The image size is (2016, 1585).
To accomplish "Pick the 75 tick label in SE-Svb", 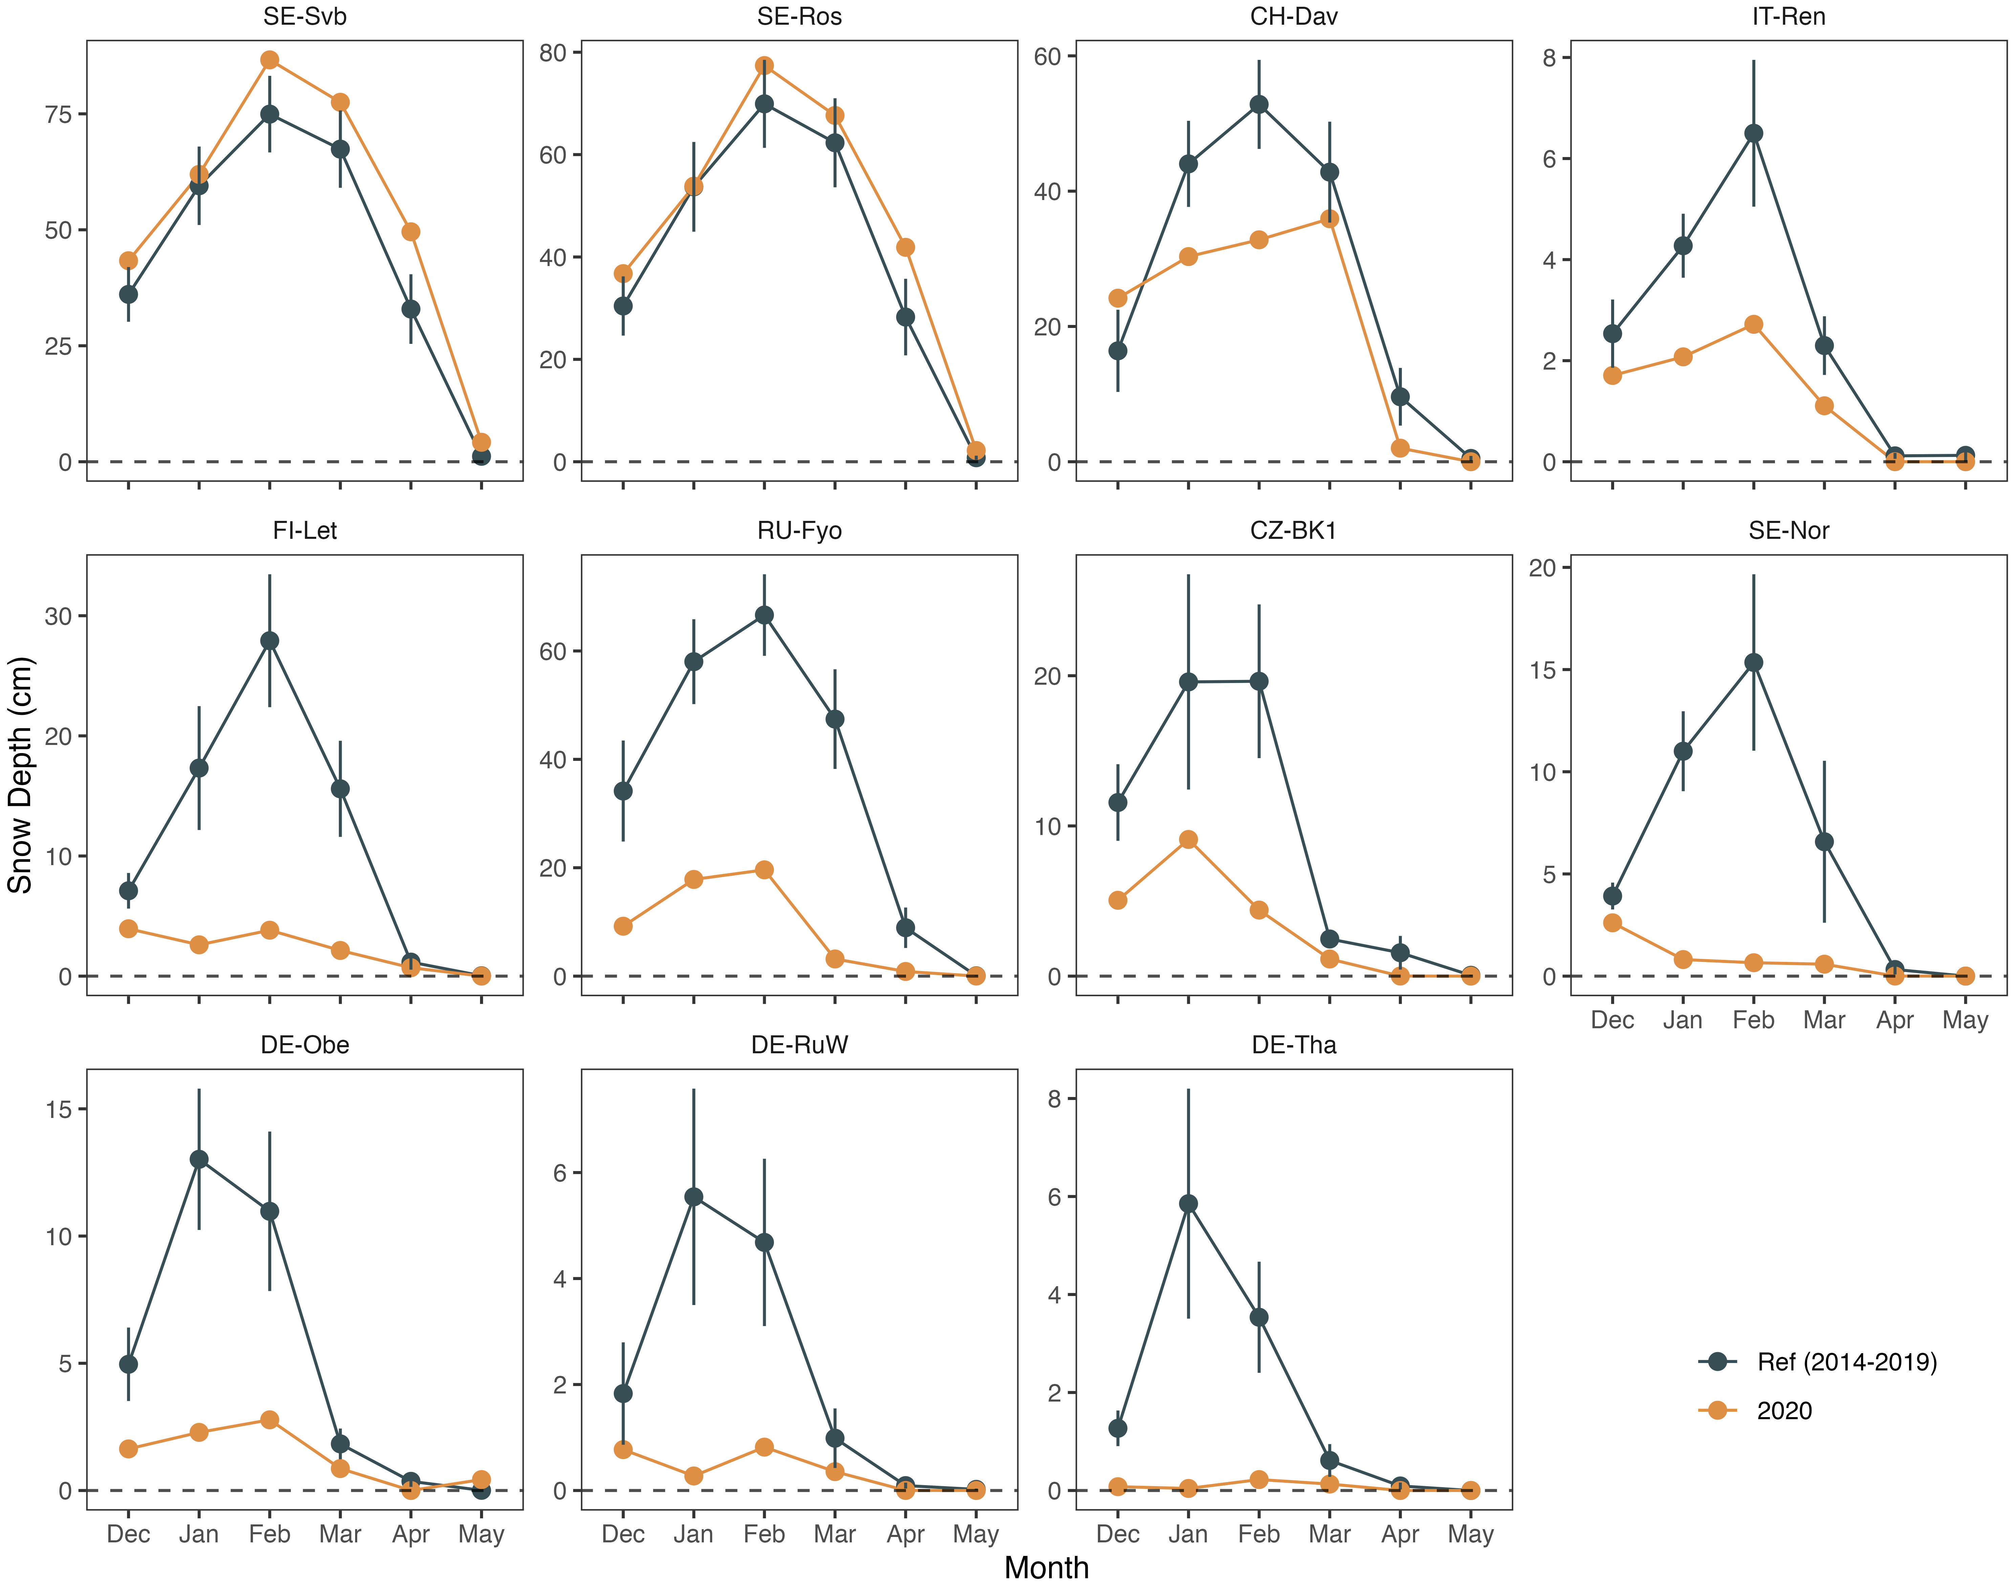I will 59,114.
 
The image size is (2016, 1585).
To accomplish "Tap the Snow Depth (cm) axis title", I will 20,775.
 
